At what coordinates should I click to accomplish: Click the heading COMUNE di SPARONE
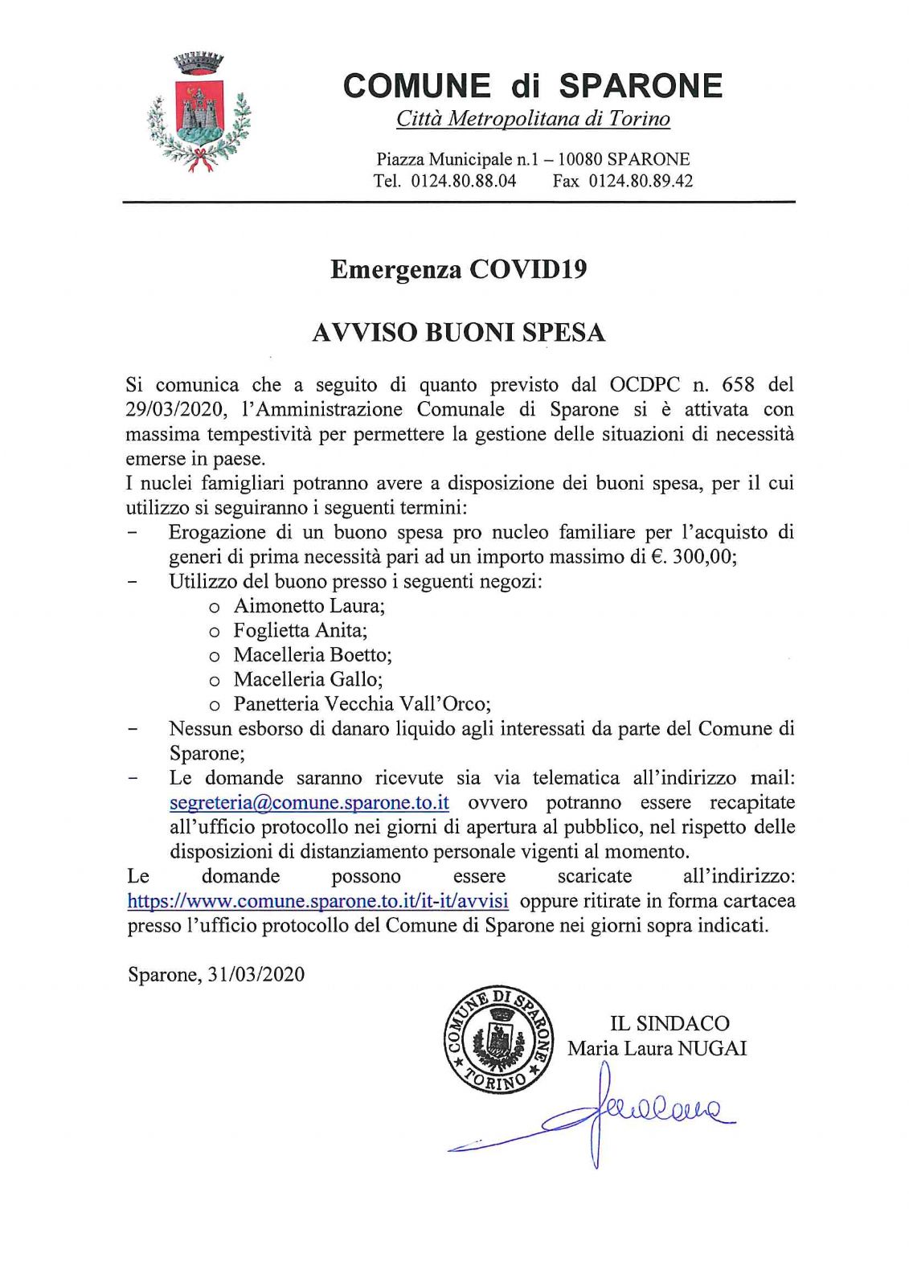pos(533,86)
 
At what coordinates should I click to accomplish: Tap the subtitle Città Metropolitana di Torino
pos(533,120)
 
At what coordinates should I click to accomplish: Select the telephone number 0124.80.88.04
pos(464,181)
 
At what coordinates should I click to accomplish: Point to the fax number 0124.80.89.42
pos(641,181)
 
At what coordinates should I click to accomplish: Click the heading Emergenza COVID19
pos(458,269)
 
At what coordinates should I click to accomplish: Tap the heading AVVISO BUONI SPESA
pos(458,332)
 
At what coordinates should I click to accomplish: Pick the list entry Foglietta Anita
pos(300,630)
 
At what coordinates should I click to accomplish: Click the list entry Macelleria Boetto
pos(312,655)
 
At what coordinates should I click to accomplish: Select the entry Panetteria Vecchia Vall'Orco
pos(361,704)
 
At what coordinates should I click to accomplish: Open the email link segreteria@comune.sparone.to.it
pos(309,803)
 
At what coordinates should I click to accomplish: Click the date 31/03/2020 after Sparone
pos(256,975)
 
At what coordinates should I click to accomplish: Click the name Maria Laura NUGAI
pos(657,1048)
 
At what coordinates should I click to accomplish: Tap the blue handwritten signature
pos(611,1113)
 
